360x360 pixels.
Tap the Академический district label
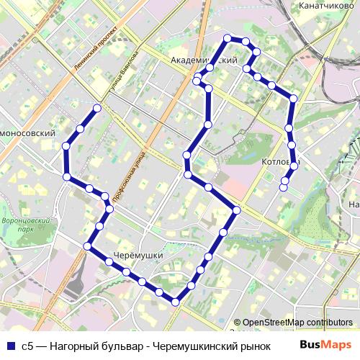pos(204,60)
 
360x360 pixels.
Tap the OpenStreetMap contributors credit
pos(293,323)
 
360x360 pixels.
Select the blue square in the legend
pos(9,345)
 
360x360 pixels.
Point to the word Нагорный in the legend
pos(73,345)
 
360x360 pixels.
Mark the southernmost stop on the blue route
pos(175,302)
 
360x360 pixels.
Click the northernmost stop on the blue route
pos(228,38)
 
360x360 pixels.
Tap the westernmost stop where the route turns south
pos(66,146)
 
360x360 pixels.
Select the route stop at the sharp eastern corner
pos(237,210)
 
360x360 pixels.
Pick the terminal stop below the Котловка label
pos(284,188)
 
